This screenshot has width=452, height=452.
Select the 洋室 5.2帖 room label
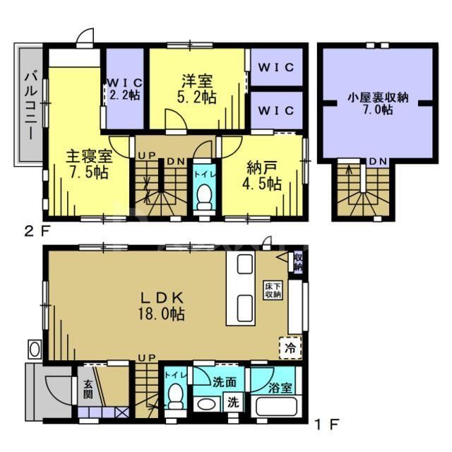click(196, 89)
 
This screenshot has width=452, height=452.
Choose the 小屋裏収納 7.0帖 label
click(374, 105)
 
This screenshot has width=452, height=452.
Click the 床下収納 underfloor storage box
click(273, 290)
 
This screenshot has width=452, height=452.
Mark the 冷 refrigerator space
click(290, 347)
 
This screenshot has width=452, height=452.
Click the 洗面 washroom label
click(225, 382)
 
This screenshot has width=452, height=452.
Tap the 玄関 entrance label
click(89, 391)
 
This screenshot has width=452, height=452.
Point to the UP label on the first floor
click(147, 358)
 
